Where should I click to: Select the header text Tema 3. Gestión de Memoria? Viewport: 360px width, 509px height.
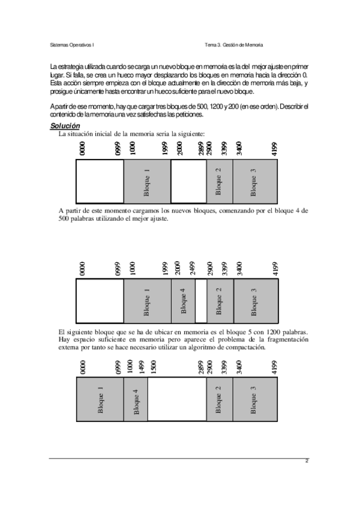point(233,45)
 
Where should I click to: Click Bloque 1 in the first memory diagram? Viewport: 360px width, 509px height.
point(147,183)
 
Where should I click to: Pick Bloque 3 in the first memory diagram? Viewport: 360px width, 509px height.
point(254,183)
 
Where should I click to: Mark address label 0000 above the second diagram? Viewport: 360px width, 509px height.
point(82,268)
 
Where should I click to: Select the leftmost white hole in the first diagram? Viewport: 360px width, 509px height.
point(100,183)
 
